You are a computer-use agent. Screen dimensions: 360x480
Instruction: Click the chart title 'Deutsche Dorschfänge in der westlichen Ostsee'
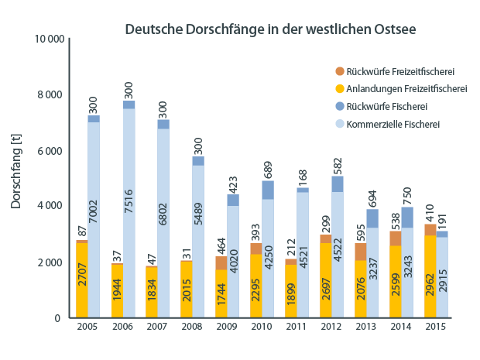coord(271,30)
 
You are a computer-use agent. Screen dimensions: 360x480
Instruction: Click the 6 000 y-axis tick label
coord(50,150)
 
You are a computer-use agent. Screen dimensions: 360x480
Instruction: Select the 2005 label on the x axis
coord(87,328)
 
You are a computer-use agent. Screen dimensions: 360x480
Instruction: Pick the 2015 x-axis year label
coord(436,328)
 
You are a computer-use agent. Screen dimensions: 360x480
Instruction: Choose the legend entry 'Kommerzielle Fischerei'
coord(393,123)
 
